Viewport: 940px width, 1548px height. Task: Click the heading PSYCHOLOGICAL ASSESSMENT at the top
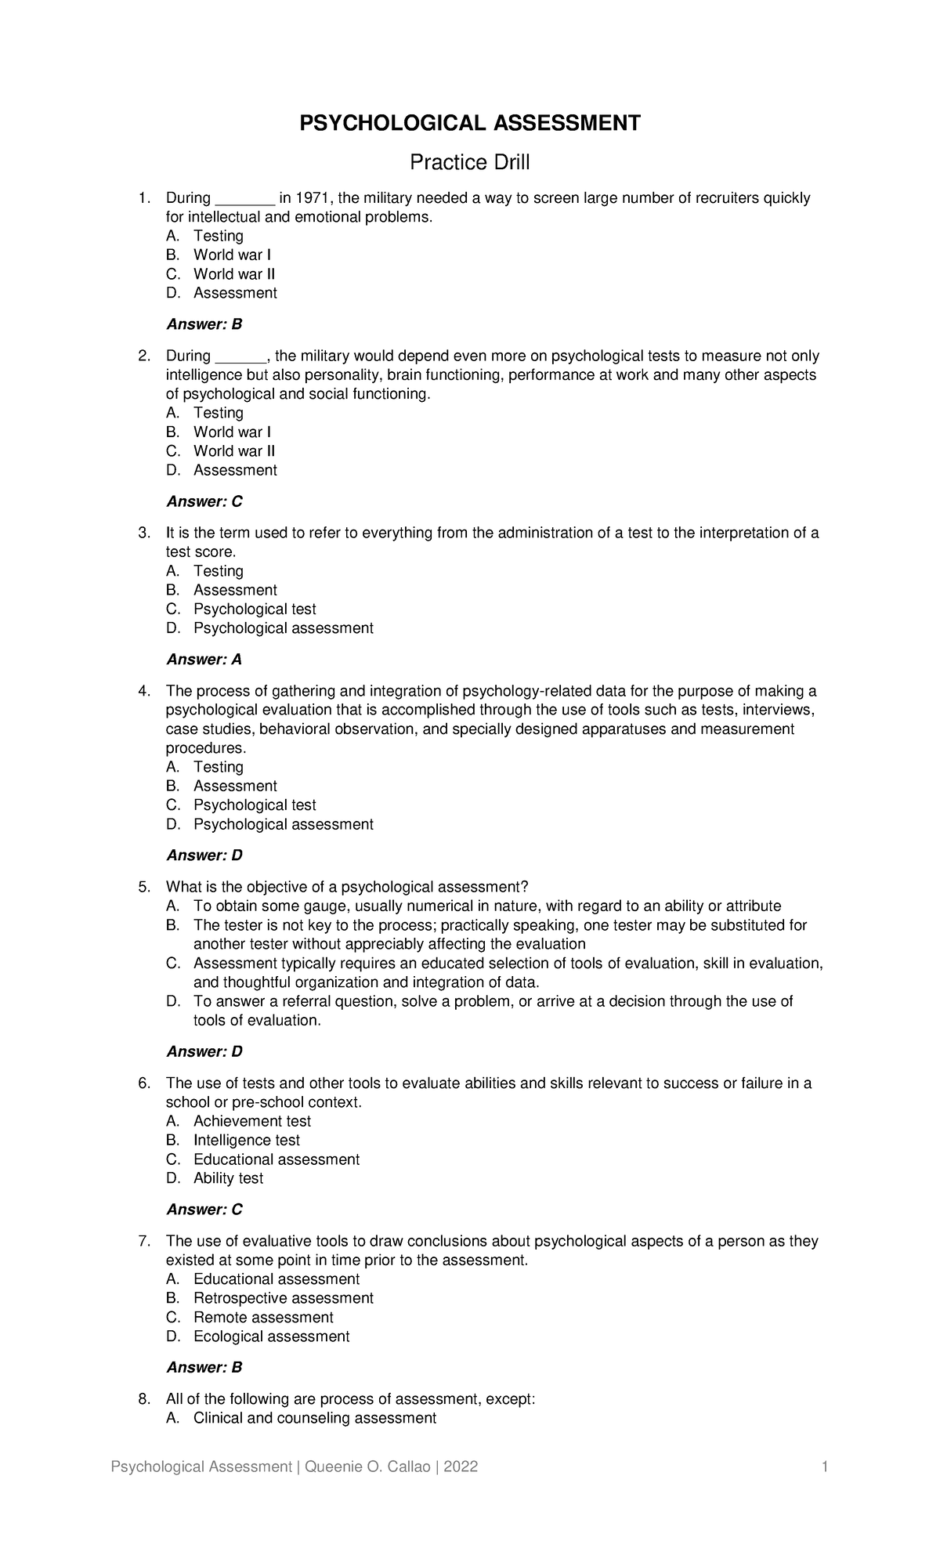click(470, 123)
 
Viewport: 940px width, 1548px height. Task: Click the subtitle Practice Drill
click(470, 163)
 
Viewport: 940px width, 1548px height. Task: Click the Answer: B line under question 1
click(204, 324)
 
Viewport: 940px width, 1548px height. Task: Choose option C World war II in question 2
click(233, 451)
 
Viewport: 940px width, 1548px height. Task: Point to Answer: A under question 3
click(204, 660)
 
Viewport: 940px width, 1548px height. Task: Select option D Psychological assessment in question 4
click(283, 824)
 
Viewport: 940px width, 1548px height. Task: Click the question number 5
click(143, 887)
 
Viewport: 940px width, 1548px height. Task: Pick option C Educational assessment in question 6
click(276, 1159)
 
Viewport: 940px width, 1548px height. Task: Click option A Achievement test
click(251, 1121)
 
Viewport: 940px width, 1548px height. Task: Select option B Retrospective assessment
click(283, 1298)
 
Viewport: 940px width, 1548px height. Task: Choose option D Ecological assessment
click(271, 1336)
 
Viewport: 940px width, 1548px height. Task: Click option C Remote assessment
click(263, 1318)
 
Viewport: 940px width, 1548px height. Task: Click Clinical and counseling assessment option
click(314, 1418)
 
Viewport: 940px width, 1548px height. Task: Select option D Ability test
click(228, 1178)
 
